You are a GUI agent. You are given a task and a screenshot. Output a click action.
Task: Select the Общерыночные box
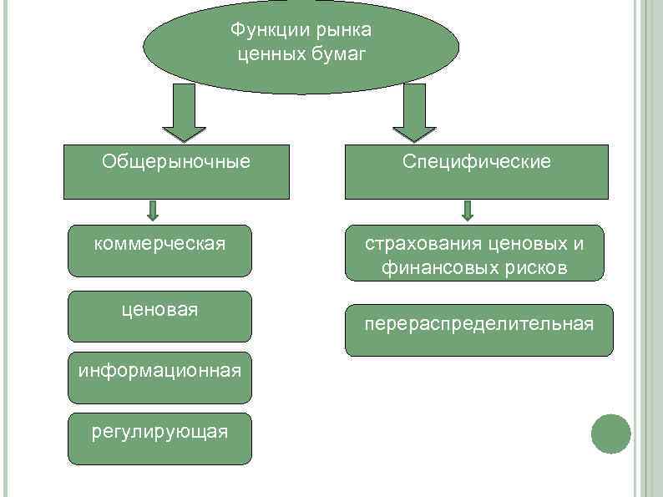click(176, 172)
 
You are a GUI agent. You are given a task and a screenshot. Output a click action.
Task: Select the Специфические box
click(476, 172)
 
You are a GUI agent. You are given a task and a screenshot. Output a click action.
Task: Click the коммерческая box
click(159, 251)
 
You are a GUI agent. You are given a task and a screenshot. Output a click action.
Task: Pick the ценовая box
click(159, 316)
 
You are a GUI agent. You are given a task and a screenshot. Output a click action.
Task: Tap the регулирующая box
click(159, 438)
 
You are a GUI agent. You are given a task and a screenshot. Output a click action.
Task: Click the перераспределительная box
click(478, 330)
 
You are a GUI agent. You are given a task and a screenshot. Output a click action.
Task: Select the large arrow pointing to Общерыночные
click(184, 114)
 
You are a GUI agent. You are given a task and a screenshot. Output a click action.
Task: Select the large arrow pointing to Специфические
click(413, 114)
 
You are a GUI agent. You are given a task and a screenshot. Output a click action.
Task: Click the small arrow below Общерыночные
click(154, 210)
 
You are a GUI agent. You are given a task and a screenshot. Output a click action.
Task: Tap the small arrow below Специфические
click(468, 210)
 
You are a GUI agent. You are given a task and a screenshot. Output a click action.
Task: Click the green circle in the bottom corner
click(610, 434)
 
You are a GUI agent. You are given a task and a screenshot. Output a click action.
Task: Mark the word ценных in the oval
click(264, 54)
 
